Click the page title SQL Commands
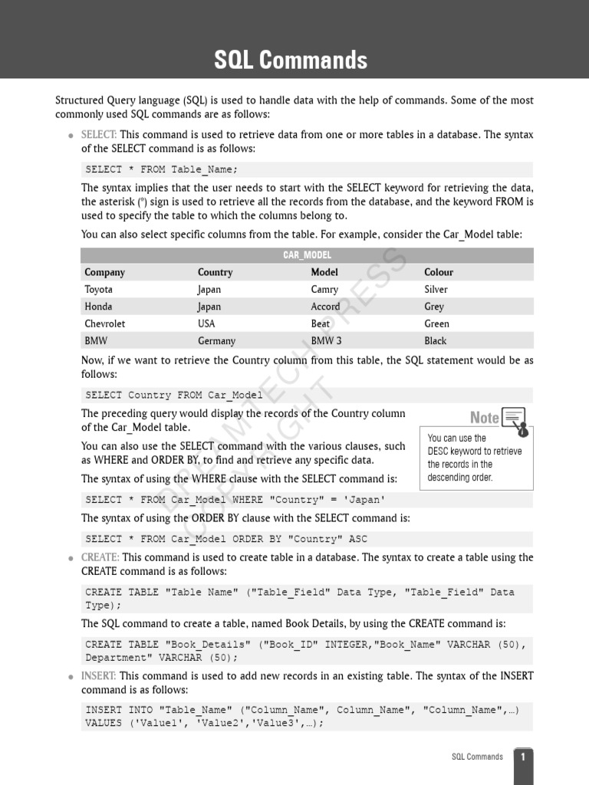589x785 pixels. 291,60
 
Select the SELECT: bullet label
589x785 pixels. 99,135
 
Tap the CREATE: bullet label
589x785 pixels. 100,557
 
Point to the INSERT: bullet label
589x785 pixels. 99,676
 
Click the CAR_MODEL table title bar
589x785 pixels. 307,255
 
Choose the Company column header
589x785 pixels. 104,272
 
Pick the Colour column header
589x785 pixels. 439,272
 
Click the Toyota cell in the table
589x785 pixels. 98,290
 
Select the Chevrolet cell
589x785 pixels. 104,324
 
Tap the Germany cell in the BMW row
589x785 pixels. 216,341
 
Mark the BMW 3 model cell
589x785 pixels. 326,341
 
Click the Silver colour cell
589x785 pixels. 436,290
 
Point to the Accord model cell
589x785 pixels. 325,307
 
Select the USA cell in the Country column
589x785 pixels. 206,324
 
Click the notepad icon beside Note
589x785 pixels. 515,418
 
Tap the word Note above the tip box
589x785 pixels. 484,418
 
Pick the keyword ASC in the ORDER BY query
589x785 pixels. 358,539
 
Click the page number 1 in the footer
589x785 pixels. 523,757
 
